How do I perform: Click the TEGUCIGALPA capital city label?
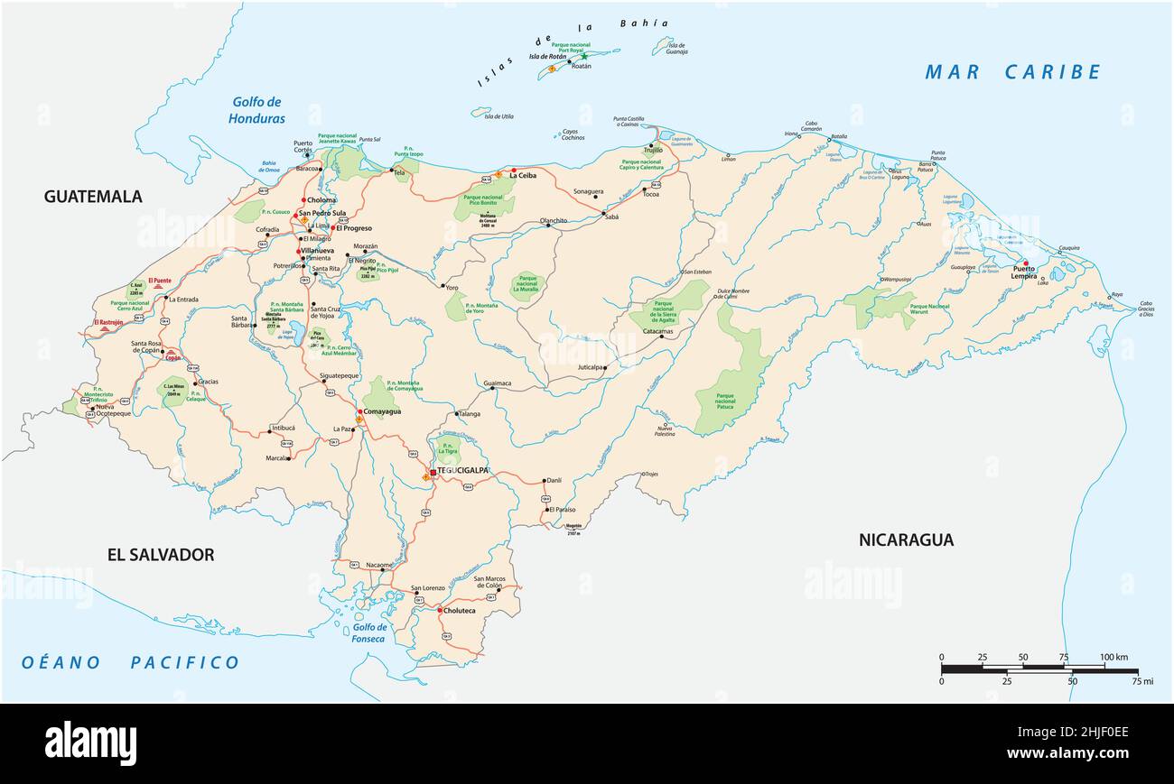click(x=463, y=471)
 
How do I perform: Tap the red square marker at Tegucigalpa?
click(x=433, y=472)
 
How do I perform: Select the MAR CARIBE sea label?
click(x=1012, y=72)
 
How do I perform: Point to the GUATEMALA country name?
click(x=93, y=197)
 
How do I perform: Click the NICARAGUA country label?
click(x=906, y=540)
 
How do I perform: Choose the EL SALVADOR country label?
click(x=161, y=555)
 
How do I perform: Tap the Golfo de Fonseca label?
click(x=368, y=633)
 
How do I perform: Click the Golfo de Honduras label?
click(x=256, y=110)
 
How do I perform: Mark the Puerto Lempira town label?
click(x=1024, y=272)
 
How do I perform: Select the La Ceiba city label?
click(x=523, y=176)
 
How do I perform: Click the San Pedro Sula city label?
click(x=322, y=214)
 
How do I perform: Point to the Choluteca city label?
click(x=461, y=611)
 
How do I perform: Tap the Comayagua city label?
click(x=382, y=411)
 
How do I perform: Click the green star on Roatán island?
click(x=583, y=56)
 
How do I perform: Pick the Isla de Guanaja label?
click(x=675, y=49)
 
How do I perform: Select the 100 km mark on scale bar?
click(x=1113, y=658)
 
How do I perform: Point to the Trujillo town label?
click(x=654, y=150)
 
